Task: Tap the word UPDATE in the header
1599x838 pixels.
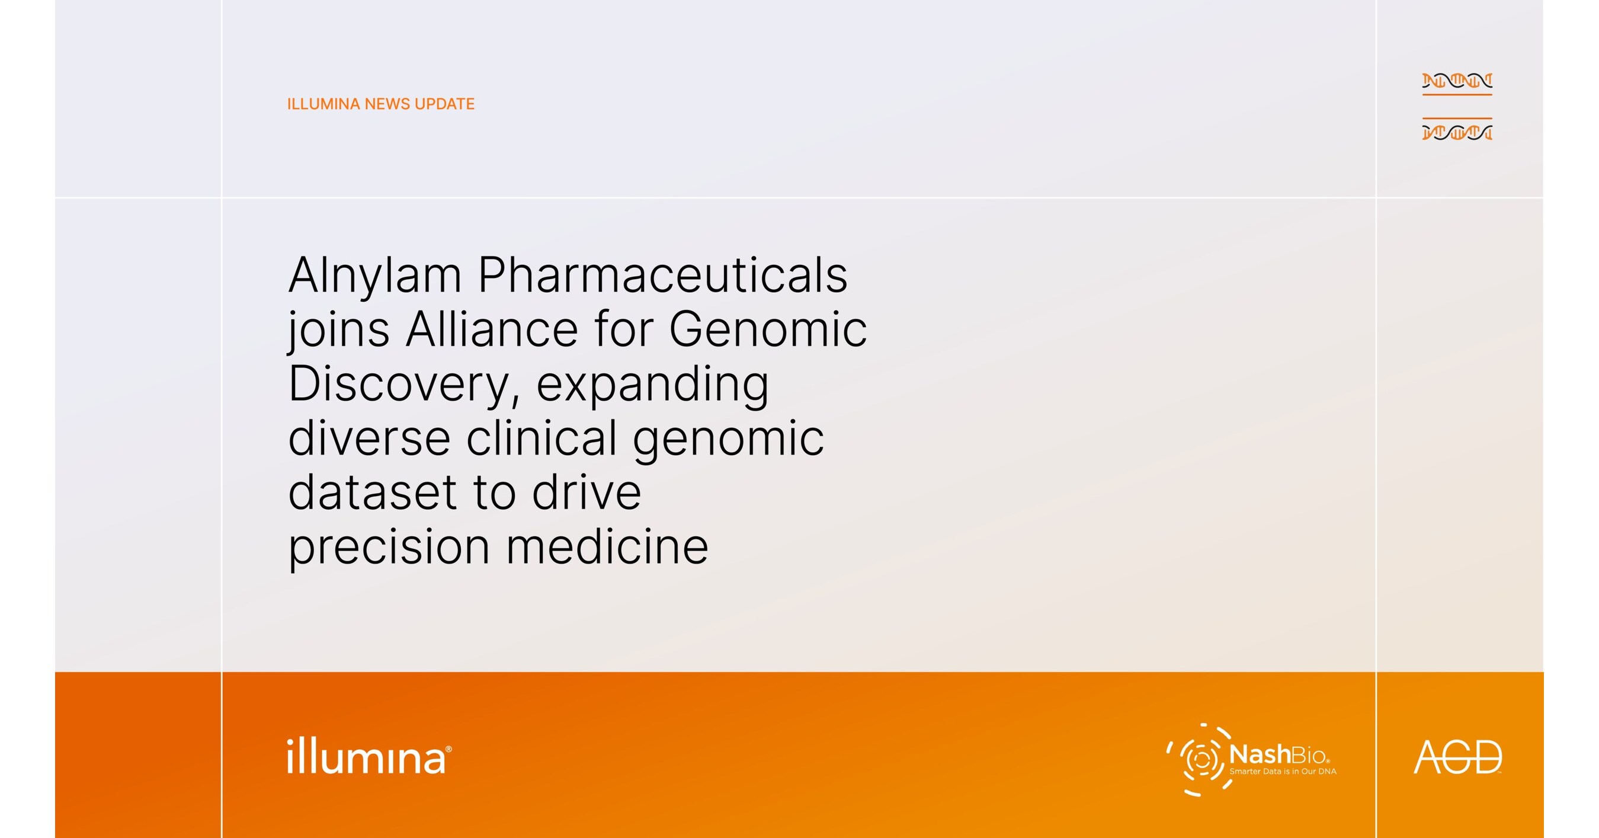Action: pyautogui.click(x=444, y=104)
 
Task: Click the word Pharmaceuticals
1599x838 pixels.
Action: pyautogui.click(x=662, y=274)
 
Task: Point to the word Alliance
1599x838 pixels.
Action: pyautogui.click(x=492, y=329)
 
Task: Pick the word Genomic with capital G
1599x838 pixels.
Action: pyautogui.click(x=768, y=329)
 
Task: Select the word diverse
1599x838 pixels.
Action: pyautogui.click(x=369, y=437)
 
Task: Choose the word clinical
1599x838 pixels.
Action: pyautogui.click(x=541, y=437)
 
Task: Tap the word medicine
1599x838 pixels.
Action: pyautogui.click(x=607, y=546)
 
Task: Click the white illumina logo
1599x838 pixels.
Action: pyautogui.click(x=369, y=756)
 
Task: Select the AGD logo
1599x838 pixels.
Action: pyautogui.click(x=1457, y=757)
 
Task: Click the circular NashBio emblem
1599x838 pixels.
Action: pyautogui.click(x=1197, y=759)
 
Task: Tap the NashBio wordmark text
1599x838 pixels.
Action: pyautogui.click(x=1278, y=755)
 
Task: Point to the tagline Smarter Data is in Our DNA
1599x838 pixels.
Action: pyautogui.click(x=1283, y=772)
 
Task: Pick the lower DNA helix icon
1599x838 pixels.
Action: pyautogui.click(x=1457, y=129)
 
